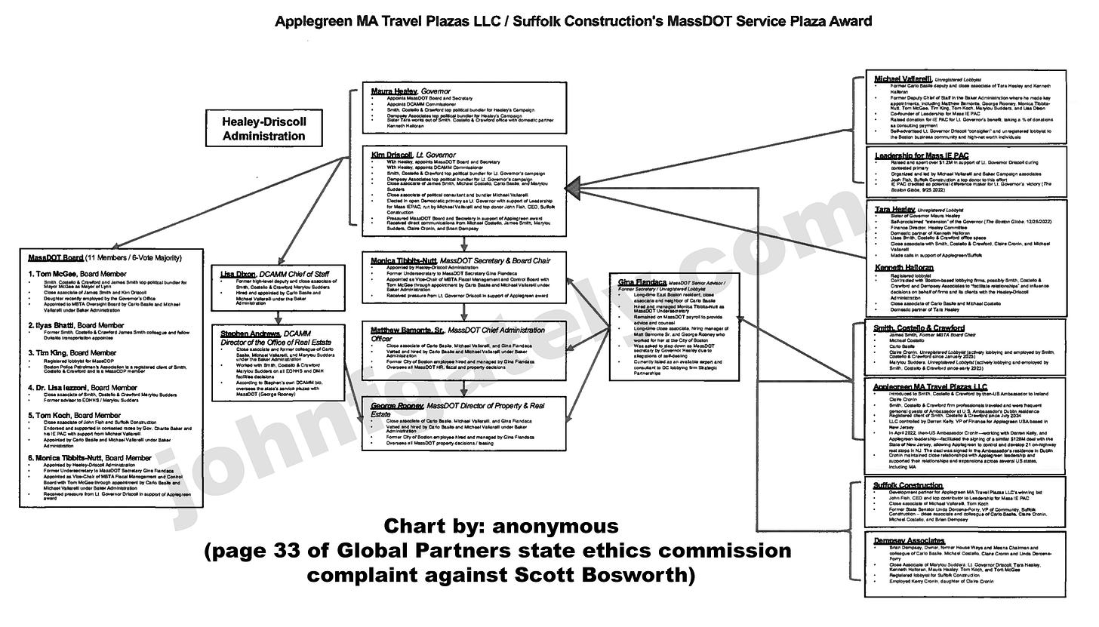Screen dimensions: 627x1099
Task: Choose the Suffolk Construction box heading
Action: pos(908,485)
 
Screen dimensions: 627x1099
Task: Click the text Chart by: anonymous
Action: pos(501,525)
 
